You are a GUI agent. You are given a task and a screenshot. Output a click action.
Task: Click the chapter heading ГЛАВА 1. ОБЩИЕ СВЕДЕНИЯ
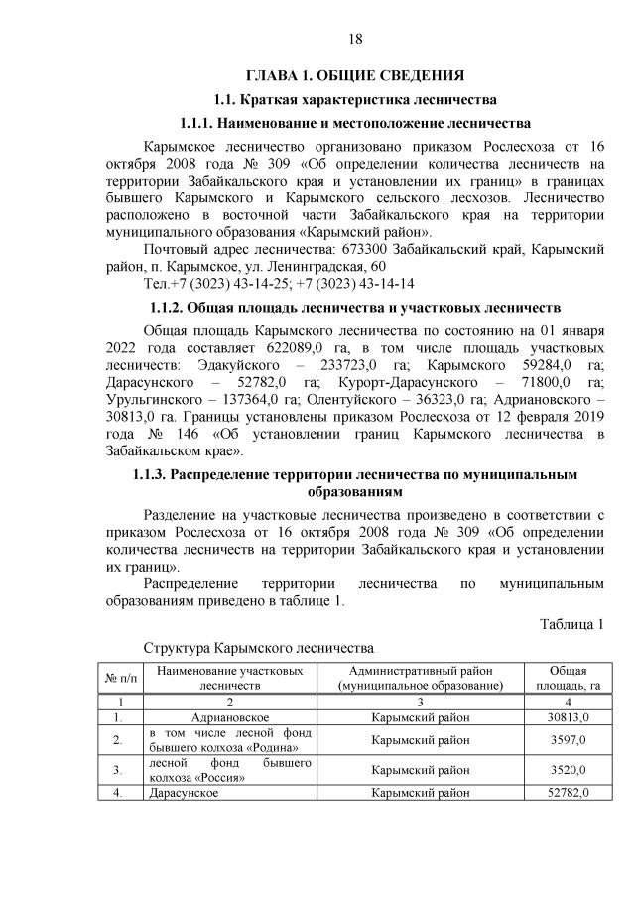pos(356,75)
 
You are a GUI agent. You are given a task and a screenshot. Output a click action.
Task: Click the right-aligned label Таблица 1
pos(571,624)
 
